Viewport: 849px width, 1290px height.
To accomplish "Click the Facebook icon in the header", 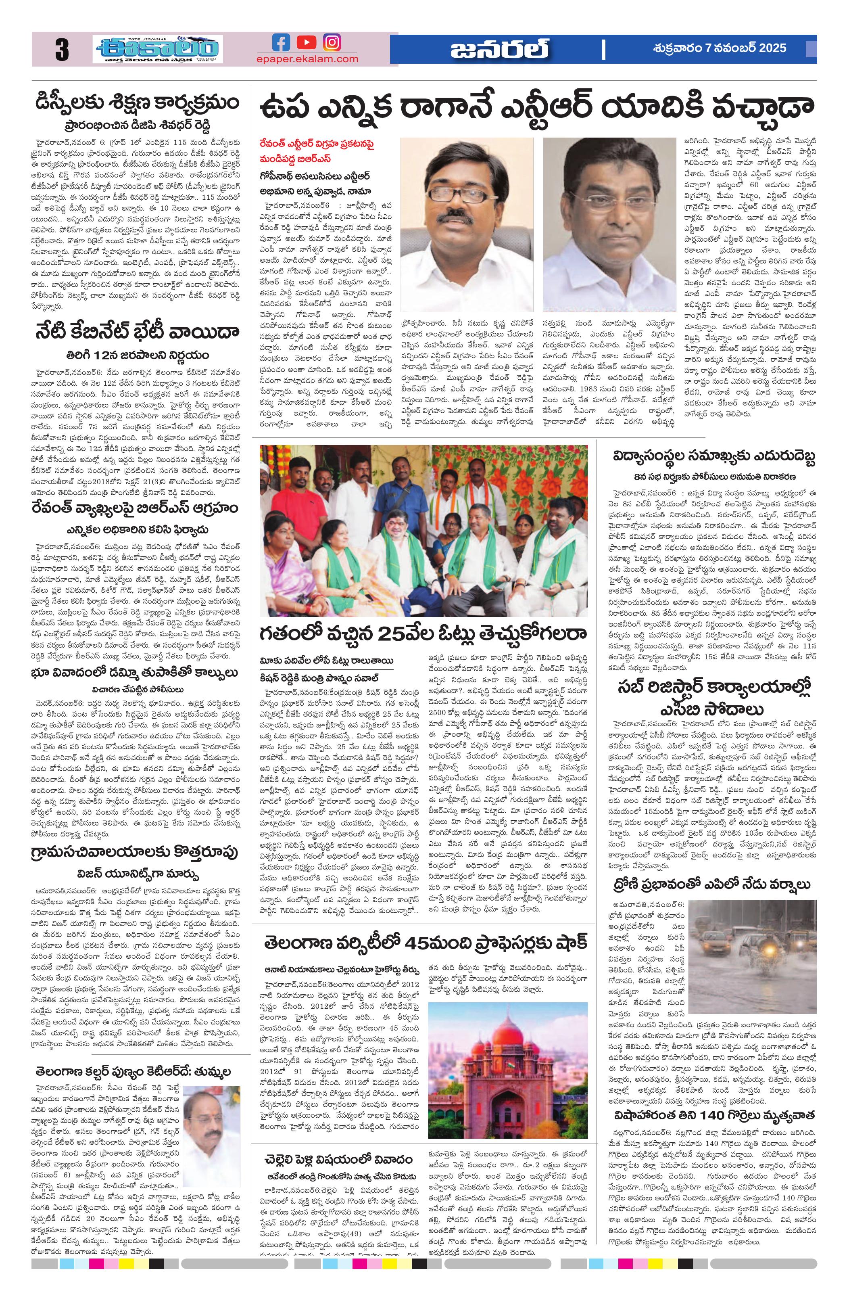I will [x=281, y=42].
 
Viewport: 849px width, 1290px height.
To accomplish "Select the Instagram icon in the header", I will [x=332, y=42].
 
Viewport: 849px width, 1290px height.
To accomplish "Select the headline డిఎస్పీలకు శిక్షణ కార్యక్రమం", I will [x=136, y=102].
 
